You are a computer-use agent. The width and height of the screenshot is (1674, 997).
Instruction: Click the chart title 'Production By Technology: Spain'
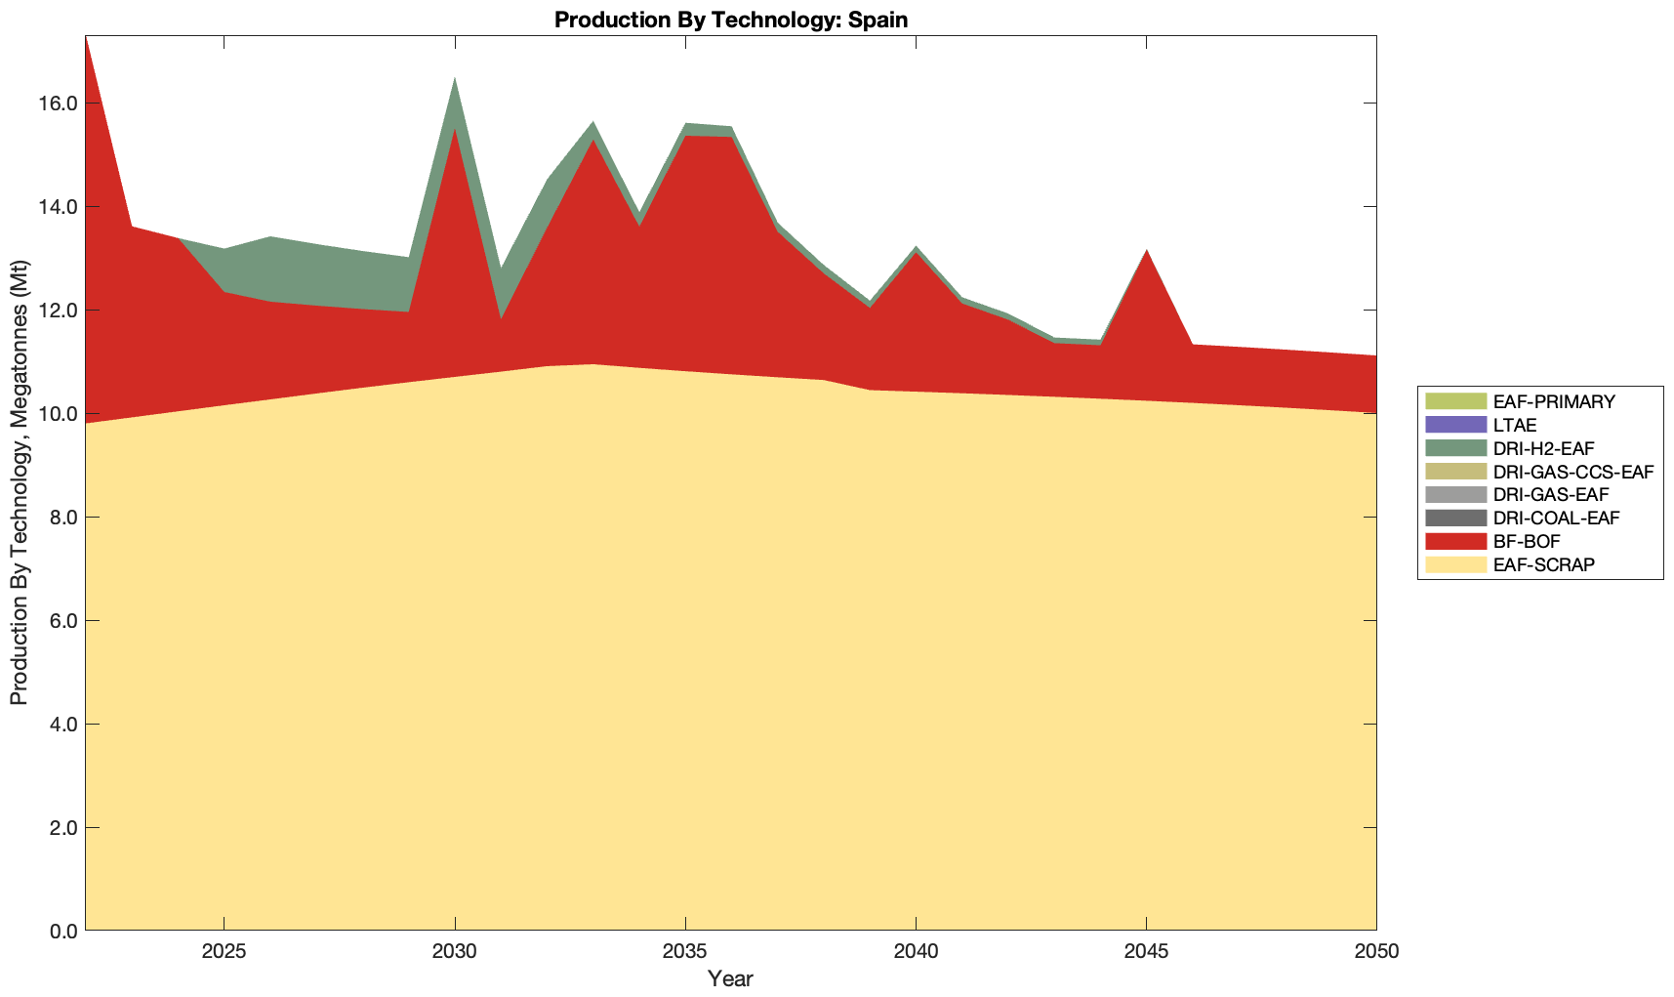click(731, 19)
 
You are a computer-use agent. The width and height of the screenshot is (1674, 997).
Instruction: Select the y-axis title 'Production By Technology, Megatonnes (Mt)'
click(19, 482)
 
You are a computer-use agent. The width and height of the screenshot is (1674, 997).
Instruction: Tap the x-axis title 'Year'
click(730, 978)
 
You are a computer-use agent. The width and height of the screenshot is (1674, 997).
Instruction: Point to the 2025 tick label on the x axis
click(225, 953)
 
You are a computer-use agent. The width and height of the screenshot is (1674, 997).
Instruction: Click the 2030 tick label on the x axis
click(455, 953)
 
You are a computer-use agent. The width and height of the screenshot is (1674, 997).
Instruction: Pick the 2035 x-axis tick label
click(685, 953)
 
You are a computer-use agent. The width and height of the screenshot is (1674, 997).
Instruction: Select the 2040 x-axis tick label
click(916, 953)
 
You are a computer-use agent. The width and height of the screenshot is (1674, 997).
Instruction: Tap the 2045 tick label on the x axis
click(1146, 953)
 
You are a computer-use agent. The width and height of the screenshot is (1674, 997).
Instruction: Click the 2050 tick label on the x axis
click(1376, 953)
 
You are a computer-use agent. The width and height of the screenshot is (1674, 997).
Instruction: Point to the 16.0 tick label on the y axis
click(59, 104)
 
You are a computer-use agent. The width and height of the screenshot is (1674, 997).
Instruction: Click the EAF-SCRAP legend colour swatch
click(1455, 564)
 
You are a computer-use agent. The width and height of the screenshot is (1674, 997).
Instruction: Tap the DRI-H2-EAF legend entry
click(1543, 448)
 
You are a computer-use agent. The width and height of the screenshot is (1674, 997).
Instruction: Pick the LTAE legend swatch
click(1455, 425)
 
